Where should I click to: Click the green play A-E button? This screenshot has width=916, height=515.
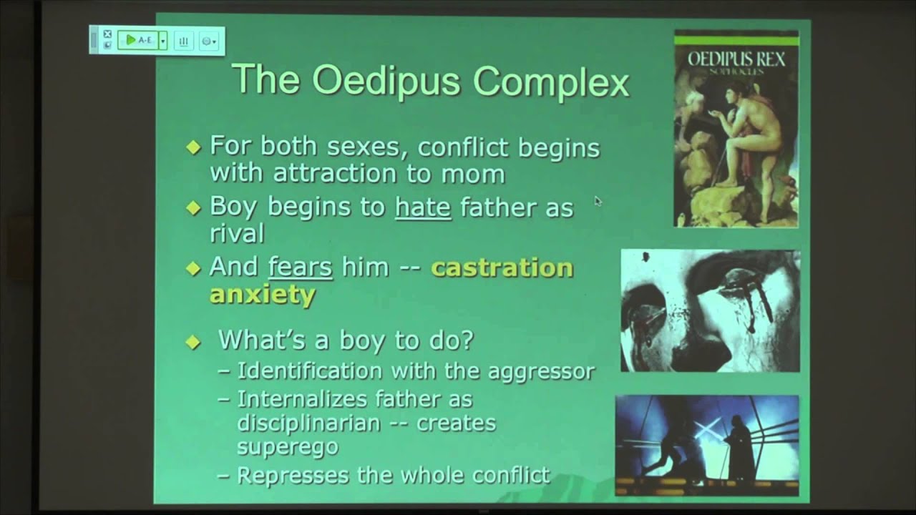140,40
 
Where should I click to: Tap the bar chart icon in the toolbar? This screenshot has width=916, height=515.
184,41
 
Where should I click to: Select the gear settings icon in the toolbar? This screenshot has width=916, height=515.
208,41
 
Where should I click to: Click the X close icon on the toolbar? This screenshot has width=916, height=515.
107,34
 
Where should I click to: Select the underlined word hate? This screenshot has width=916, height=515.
423,208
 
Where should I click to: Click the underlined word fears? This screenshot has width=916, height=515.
300,268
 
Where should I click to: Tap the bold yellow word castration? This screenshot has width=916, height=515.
502,268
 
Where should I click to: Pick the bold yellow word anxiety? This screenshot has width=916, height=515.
262,294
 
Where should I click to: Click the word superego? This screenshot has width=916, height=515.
288,446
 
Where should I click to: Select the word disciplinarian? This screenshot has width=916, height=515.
308,423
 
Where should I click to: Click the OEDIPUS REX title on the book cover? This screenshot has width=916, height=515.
736,58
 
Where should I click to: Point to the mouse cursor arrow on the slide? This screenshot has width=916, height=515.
598,202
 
